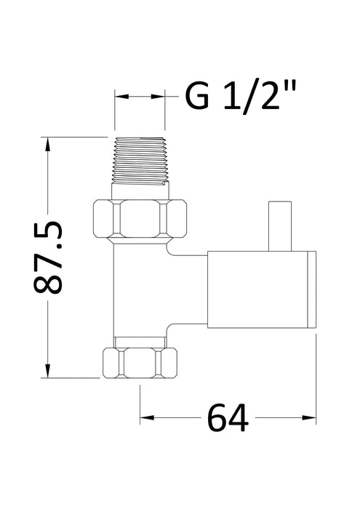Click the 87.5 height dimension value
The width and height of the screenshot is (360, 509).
pos(49,258)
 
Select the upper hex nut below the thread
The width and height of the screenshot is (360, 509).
pos(140,218)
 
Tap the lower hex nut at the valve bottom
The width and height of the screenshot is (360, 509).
pos(140,361)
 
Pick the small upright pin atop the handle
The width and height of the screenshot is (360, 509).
pos(278,226)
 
